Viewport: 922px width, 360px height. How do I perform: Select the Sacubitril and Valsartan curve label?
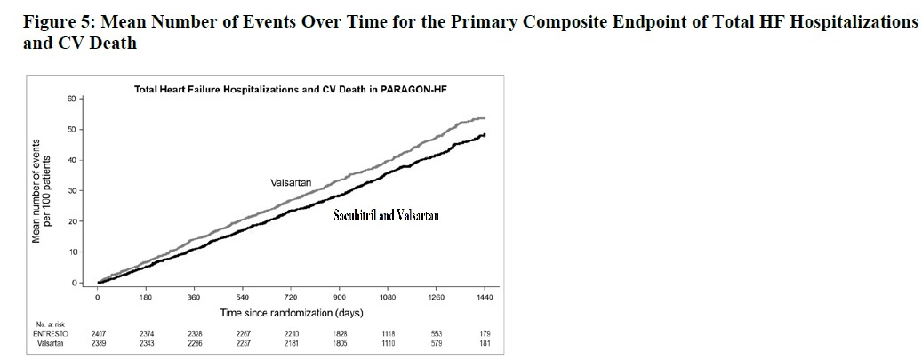click(386, 215)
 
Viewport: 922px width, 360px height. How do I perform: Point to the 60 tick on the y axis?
click(71, 99)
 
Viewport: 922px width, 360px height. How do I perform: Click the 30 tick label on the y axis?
click(71, 191)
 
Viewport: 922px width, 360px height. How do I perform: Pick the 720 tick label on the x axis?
click(290, 297)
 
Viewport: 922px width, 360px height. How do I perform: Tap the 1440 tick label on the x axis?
click(484, 297)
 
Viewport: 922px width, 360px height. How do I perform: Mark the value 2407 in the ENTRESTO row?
click(99, 332)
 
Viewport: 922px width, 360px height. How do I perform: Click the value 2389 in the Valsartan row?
click(99, 341)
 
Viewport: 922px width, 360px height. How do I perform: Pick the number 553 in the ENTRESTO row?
click(436, 332)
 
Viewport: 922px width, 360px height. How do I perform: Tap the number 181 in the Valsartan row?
click(484, 341)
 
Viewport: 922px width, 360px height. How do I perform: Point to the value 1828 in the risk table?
click(339, 332)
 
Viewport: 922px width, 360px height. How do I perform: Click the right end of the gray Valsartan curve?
click(484, 118)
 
